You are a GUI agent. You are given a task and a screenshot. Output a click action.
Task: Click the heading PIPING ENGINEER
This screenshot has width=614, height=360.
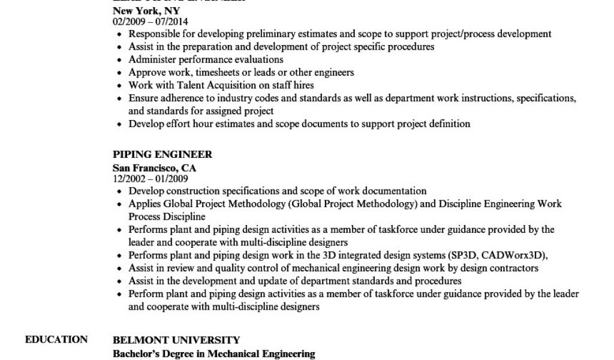(162, 155)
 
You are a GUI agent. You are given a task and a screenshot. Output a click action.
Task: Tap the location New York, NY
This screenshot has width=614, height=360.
(146, 11)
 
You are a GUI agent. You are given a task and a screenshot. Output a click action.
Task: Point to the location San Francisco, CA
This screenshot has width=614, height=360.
(154, 167)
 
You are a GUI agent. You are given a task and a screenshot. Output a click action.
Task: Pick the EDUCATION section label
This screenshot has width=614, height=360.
(56, 340)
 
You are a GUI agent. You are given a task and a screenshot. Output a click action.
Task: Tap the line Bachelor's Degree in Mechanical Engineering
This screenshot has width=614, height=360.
(214, 354)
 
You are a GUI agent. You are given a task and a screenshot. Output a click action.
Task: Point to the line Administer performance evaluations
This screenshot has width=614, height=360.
(206, 59)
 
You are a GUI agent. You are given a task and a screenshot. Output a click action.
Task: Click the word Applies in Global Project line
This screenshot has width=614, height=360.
(144, 204)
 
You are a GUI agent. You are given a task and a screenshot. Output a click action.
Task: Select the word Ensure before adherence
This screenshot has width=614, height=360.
(143, 98)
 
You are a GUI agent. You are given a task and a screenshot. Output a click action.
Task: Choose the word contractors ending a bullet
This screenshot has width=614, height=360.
(515, 268)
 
